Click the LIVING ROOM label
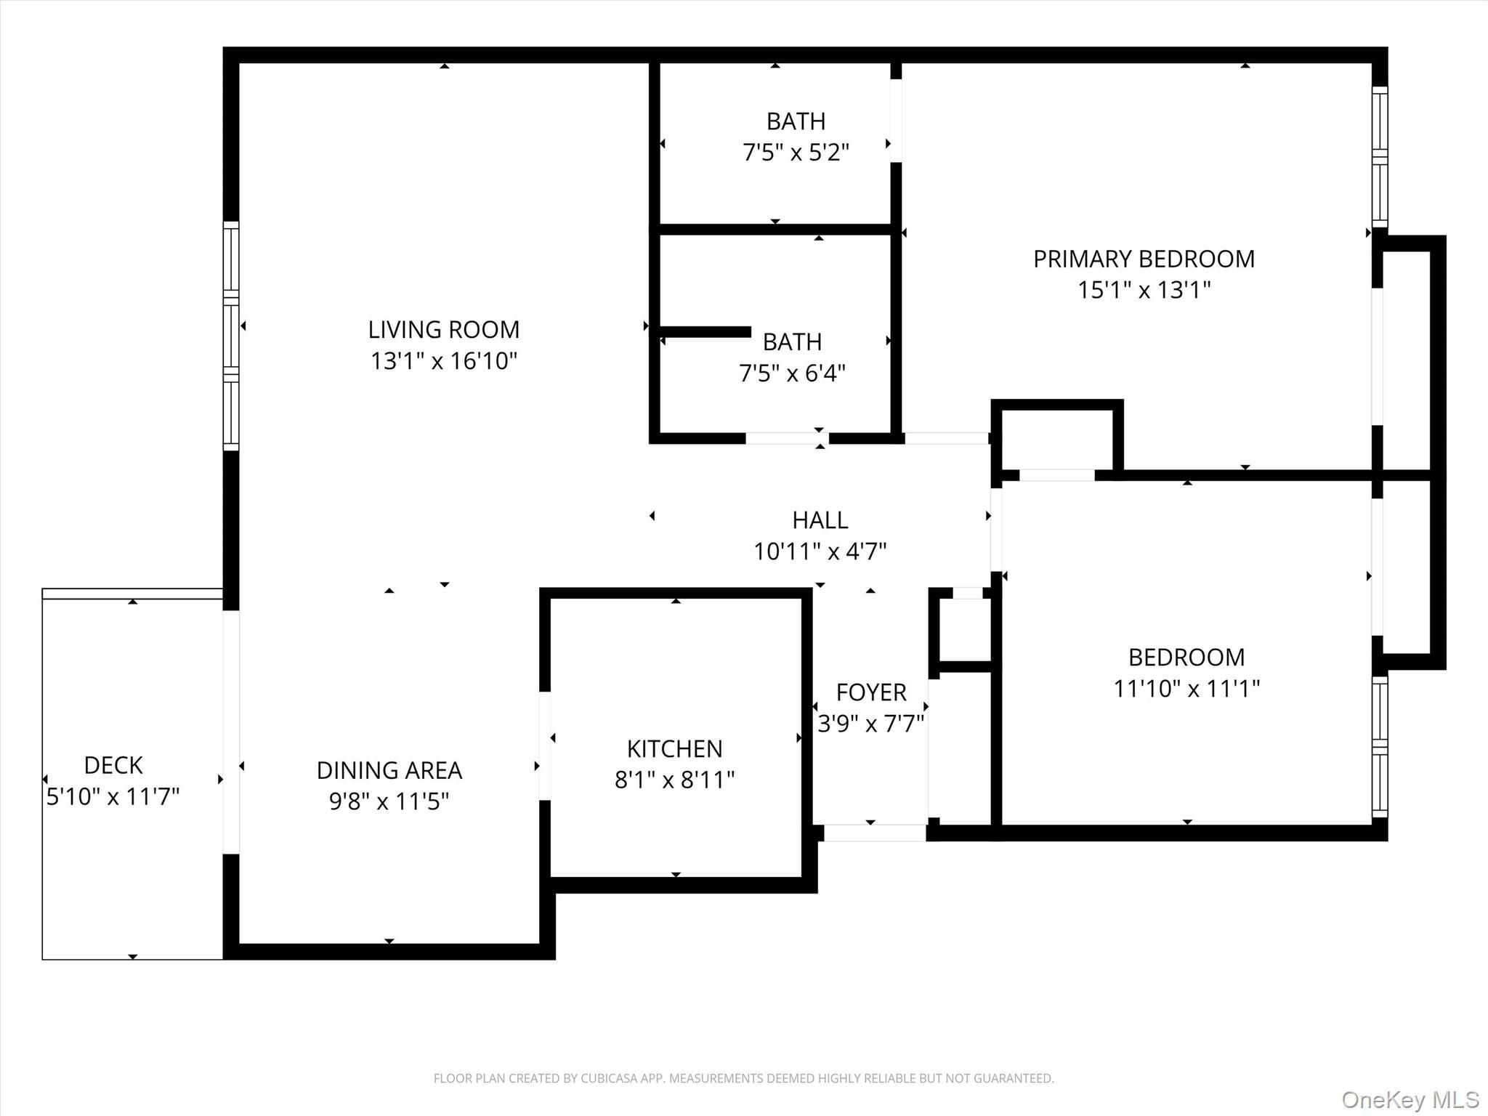(x=444, y=330)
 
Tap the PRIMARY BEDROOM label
(x=1144, y=259)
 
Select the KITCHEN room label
(x=674, y=749)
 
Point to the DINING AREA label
(x=389, y=770)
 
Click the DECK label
(x=113, y=765)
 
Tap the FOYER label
(x=871, y=692)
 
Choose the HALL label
(x=820, y=520)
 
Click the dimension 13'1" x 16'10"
(x=444, y=361)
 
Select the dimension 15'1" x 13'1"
(x=1144, y=291)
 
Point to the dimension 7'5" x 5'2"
(x=796, y=153)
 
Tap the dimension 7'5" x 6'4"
(x=792, y=373)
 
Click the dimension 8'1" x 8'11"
(x=674, y=780)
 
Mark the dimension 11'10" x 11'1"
(x=1186, y=688)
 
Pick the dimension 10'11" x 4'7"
(x=820, y=552)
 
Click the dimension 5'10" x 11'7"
(x=113, y=797)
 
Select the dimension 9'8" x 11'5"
(x=389, y=801)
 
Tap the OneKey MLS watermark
(x=1410, y=1099)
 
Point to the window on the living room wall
(x=230, y=336)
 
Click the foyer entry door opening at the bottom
(x=875, y=833)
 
